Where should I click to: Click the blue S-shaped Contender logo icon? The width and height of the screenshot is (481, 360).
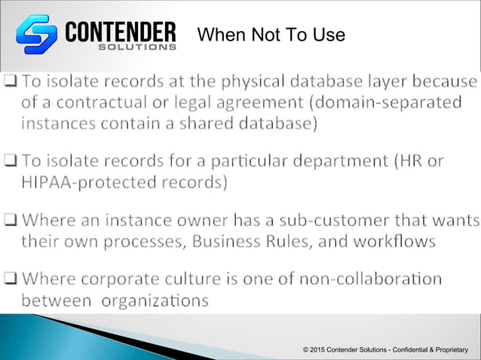tap(37, 34)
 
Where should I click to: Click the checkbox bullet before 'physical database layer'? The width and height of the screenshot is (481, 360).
tap(11, 81)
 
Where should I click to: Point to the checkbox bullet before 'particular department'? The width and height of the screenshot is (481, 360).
tap(11, 162)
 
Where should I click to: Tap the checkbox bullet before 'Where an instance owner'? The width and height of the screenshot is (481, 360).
tap(11, 221)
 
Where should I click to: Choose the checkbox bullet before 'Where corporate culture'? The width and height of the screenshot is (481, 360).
tap(11, 280)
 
